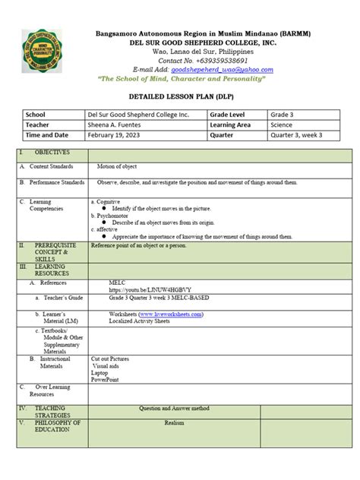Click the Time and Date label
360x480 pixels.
pos(47,135)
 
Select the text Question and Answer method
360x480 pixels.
pos(174,408)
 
